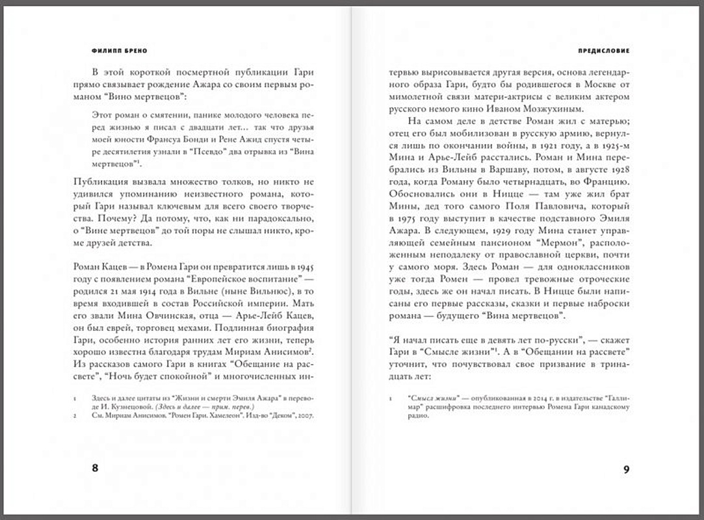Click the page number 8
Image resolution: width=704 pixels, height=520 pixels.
pyautogui.click(x=96, y=469)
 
